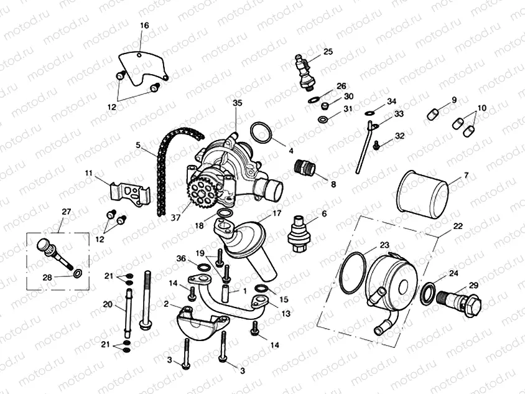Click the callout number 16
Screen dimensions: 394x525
(144, 26)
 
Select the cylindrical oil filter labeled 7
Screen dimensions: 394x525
(422, 190)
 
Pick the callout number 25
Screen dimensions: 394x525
(328, 51)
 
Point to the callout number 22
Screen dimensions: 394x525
(457, 226)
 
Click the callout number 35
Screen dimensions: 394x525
(236, 102)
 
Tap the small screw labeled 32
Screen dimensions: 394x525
(378, 145)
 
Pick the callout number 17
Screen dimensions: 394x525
(277, 212)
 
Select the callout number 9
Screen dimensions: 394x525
(454, 100)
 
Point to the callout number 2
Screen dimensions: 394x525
(166, 303)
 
